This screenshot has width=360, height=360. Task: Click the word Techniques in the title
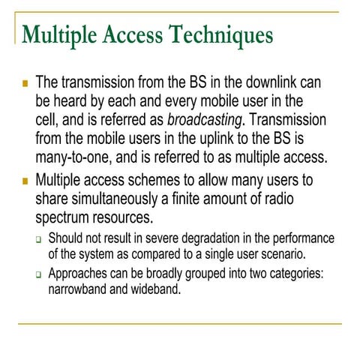coord(223,34)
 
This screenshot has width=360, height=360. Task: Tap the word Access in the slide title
coord(138,34)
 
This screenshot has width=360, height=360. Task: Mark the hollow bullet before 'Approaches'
coord(39,274)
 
